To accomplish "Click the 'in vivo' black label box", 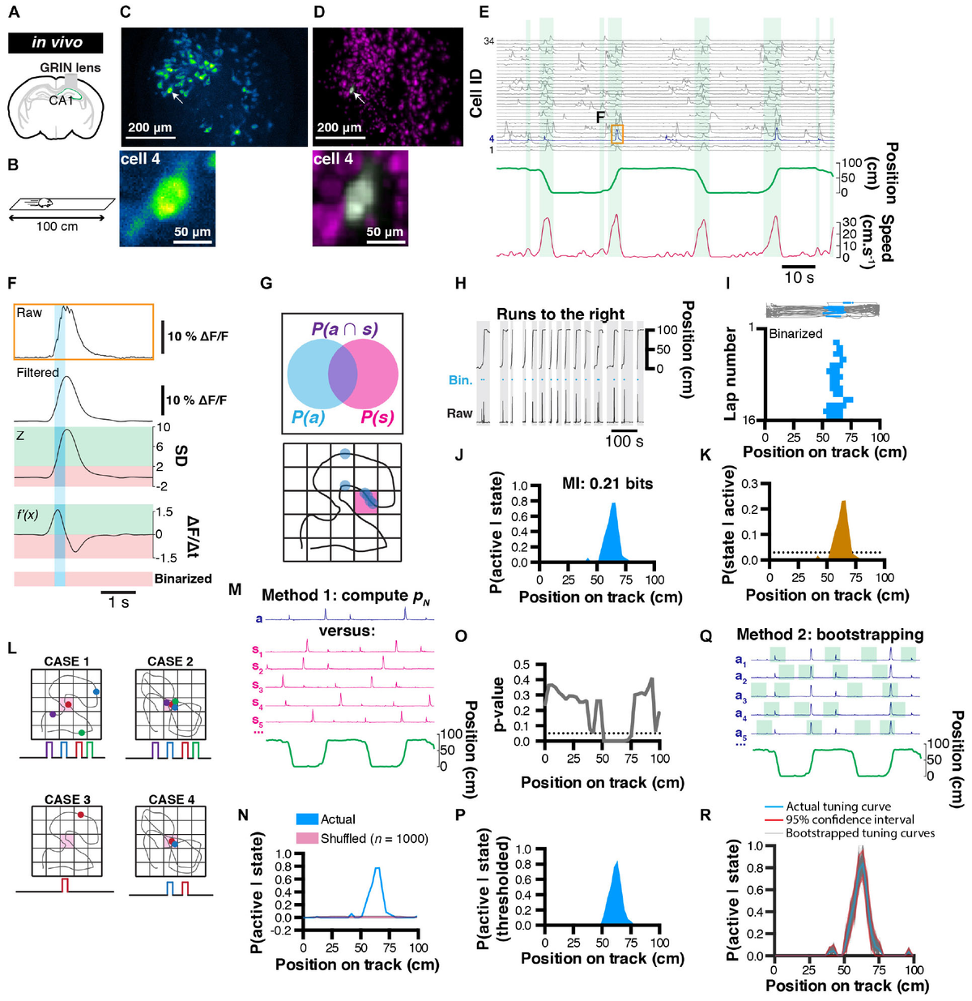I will (x=56, y=43).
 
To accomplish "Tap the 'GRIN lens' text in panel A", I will (x=70, y=68).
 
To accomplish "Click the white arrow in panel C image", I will (x=177, y=97).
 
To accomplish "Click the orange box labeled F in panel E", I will (x=616, y=135).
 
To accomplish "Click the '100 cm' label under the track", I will (x=57, y=226).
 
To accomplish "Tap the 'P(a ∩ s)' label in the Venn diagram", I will (x=344, y=329).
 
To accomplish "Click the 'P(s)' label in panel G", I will (x=377, y=418).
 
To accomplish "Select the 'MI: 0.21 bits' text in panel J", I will (x=607, y=484).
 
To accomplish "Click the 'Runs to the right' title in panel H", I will (x=561, y=314).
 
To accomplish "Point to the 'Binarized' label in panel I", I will (x=795, y=333).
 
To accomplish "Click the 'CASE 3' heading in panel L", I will (x=67, y=799).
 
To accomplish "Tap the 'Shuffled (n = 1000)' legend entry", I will (x=374, y=838).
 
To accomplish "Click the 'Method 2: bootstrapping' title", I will (x=829, y=635).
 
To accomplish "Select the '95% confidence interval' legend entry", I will (x=849, y=819).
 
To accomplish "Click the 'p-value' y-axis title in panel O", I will (x=499, y=704).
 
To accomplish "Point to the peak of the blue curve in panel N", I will (x=377, y=868).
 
